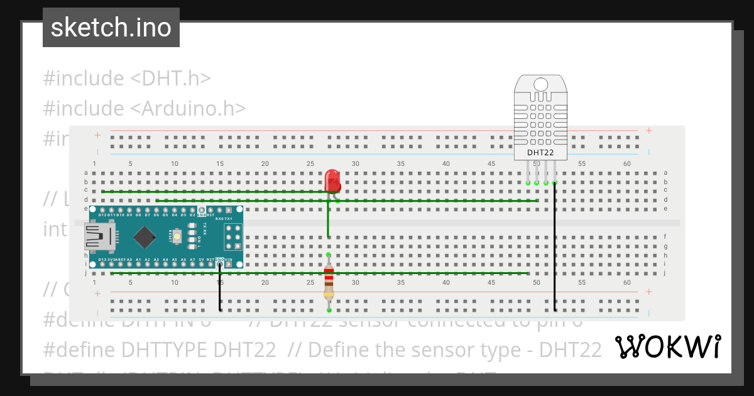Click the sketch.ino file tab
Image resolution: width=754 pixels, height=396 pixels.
pos(111,28)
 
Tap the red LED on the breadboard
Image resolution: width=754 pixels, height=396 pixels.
pos(332,181)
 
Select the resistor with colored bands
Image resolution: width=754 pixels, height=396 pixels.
pos(329,282)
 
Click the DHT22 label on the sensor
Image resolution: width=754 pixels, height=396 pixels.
pos(540,152)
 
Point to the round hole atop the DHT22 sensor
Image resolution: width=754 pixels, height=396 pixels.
pos(540,84)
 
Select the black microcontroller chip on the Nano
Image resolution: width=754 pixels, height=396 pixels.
pos(145,237)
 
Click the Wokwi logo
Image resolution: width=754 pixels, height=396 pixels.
pos(667,346)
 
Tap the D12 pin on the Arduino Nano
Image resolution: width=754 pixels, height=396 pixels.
pos(102,211)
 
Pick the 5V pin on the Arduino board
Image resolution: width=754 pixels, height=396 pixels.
pos(201,264)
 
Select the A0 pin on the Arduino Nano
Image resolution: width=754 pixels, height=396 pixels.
pos(129,264)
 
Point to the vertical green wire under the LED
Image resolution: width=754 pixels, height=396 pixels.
pos(328,220)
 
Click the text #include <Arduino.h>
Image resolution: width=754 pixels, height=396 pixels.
pos(144,108)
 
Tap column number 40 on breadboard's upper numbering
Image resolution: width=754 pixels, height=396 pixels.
pos(445,163)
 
